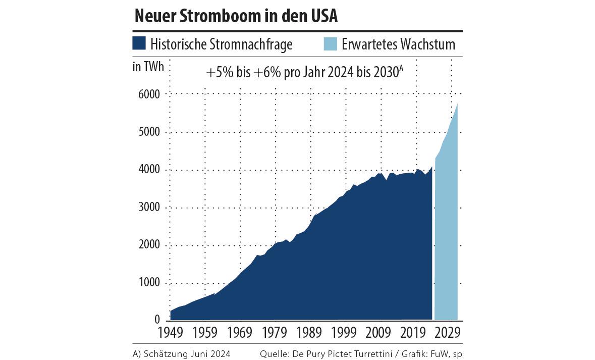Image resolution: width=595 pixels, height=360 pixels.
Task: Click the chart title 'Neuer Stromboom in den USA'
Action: [x=236, y=17]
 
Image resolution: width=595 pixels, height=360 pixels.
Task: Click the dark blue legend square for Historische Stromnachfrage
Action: [x=139, y=43]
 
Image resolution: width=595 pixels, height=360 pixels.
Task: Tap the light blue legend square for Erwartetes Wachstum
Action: [x=330, y=43]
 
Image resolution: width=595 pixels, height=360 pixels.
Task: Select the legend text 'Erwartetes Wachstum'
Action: [x=398, y=44]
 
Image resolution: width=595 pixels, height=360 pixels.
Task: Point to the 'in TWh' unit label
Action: [x=148, y=67]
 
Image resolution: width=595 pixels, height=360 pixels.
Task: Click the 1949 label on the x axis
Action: [x=170, y=333]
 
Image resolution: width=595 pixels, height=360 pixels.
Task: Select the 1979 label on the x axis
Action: [x=276, y=333]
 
